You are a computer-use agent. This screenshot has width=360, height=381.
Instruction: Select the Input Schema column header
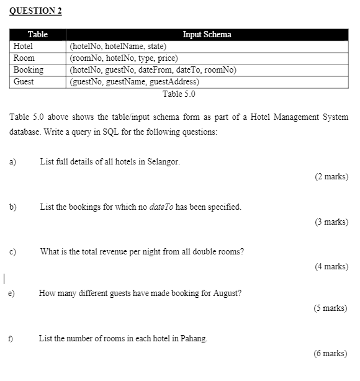pos(207,35)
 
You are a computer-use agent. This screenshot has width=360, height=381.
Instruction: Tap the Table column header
pos(38,35)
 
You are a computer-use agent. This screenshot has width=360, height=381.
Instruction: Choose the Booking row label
pos(28,69)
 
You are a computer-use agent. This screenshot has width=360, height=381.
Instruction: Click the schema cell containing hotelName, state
pos(118,46)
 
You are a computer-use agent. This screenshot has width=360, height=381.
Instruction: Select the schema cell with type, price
pos(124,58)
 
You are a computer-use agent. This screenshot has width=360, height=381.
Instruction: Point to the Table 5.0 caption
pos(179,94)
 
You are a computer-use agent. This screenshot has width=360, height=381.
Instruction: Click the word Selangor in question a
pos(163,162)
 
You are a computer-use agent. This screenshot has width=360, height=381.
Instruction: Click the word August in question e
pos(228,294)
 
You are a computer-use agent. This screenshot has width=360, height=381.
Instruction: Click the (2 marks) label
pos(331,177)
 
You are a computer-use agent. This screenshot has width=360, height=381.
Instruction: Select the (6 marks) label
pos(330,354)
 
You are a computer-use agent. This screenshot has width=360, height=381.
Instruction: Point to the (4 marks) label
pos(331,266)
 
